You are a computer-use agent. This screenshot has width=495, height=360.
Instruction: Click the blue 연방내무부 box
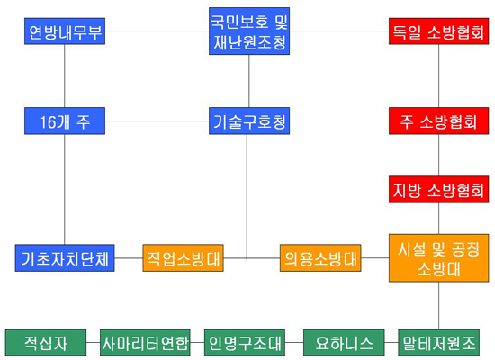point(65,31)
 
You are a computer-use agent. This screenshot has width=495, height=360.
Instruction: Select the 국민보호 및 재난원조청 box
point(249,31)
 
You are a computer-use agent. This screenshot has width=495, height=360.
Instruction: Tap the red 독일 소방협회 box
point(438,31)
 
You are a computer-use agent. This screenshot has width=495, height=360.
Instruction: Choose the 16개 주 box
point(65,121)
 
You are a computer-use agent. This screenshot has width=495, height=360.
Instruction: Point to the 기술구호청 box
point(249,121)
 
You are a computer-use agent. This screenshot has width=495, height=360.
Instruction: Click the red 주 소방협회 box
point(438,121)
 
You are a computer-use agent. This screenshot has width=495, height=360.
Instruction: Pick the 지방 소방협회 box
point(438,190)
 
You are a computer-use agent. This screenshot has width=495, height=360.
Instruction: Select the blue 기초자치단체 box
point(65,258)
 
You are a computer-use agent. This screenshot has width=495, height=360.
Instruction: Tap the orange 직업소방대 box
point(183,258)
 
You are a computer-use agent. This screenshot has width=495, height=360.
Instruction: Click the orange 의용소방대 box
point(320,258)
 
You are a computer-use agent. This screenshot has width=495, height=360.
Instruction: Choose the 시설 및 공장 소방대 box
point(438,258)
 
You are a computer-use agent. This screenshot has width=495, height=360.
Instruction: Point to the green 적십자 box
point(46,343)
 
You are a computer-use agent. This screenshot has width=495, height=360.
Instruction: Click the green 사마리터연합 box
point(145,343)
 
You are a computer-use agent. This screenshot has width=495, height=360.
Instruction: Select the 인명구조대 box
point(245,343)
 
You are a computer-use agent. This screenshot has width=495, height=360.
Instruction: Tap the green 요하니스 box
point(344,343)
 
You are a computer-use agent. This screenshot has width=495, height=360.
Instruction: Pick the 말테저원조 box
point(439,343)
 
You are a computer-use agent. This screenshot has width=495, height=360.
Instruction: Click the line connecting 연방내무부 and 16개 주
point(65,76)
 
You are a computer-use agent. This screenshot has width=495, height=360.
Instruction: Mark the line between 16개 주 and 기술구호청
point(157,121)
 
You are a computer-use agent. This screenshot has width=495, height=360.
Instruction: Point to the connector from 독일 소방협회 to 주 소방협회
point(438,76)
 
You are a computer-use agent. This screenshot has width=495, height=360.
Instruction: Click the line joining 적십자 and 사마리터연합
point(93,342)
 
